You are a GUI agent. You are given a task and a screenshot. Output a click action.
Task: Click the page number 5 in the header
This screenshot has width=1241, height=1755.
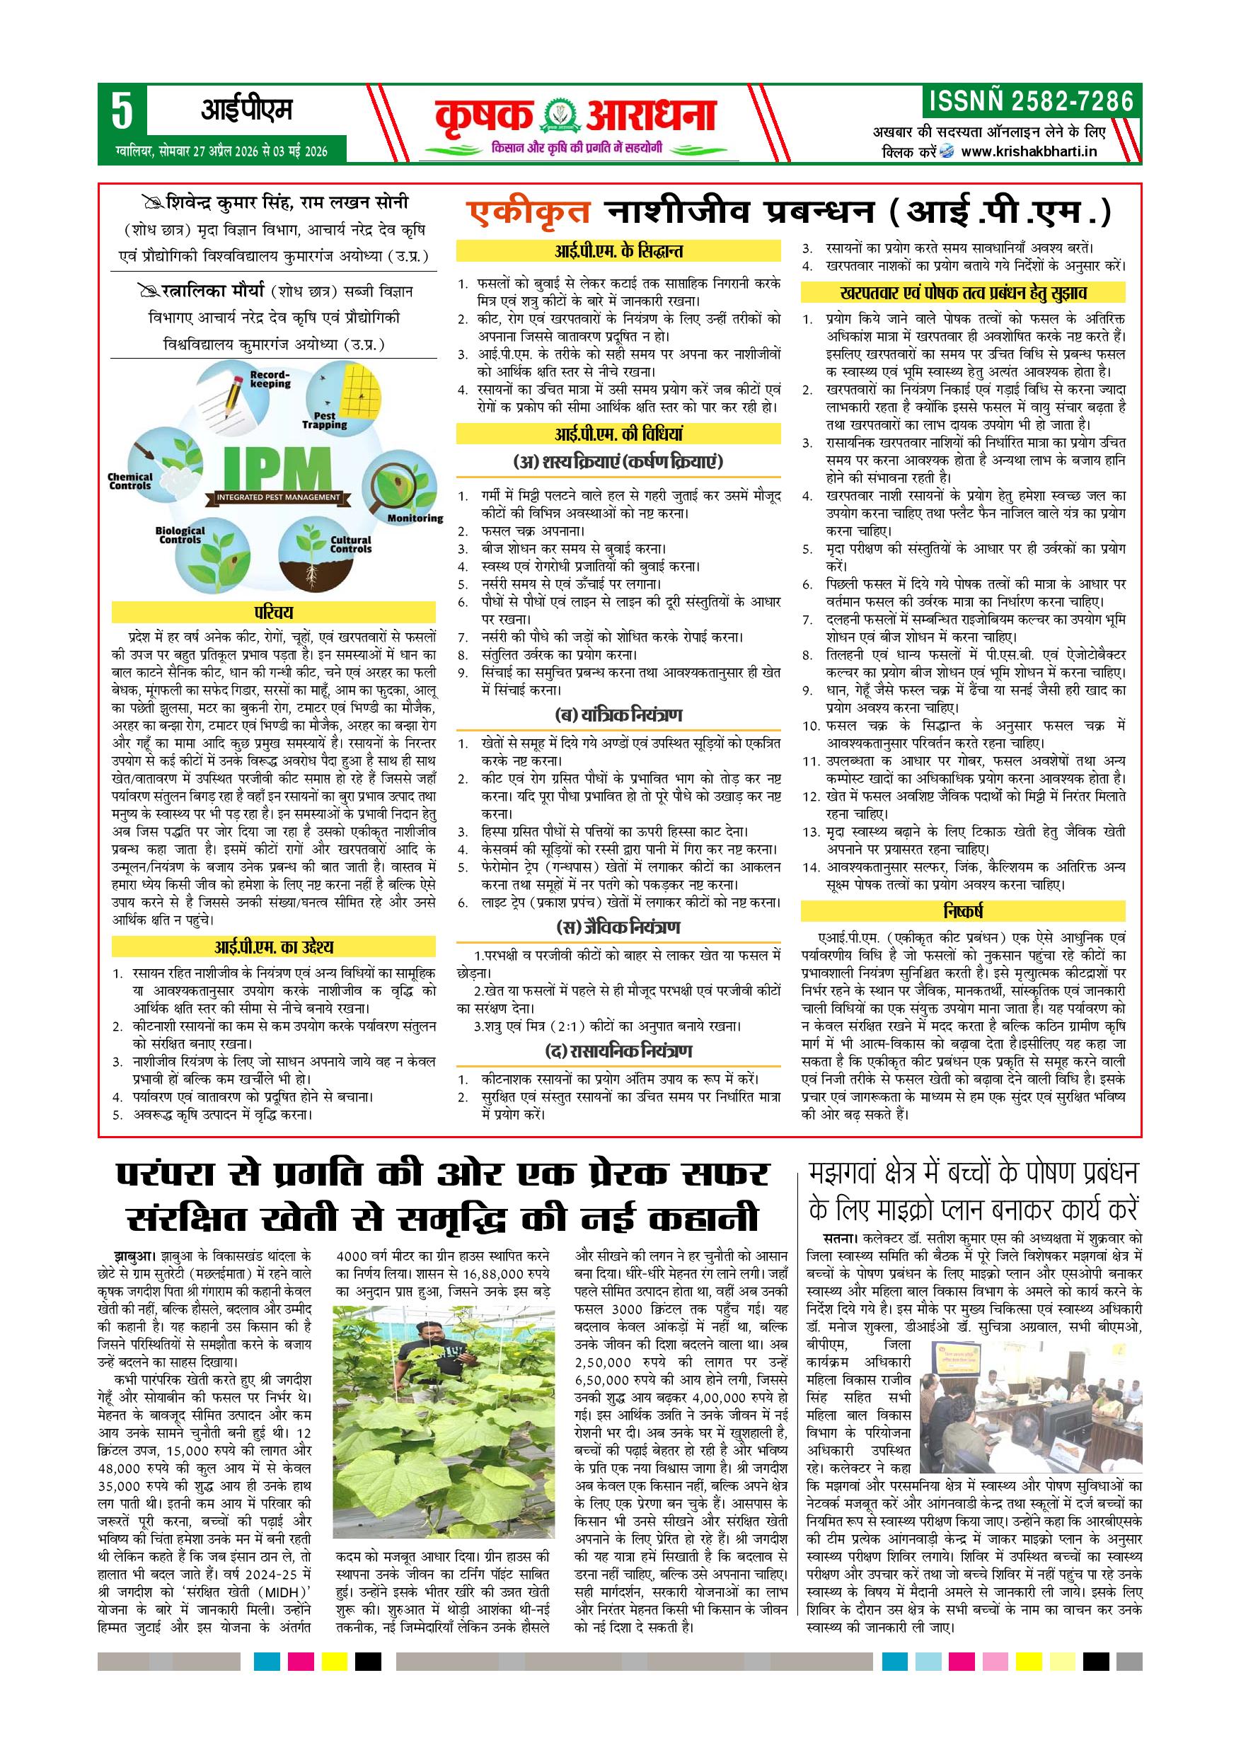122,112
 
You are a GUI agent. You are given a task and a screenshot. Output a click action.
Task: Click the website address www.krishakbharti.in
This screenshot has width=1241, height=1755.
1029,151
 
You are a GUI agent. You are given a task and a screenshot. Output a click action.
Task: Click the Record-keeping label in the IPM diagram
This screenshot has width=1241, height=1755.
270,379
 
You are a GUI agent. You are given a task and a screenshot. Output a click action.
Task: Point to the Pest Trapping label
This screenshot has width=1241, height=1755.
324,420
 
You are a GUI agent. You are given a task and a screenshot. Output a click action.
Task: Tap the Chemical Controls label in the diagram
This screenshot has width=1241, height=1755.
130,481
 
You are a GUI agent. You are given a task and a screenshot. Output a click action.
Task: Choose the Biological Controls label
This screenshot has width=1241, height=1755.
180,535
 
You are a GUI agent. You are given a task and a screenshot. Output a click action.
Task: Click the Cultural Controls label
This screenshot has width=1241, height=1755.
351,544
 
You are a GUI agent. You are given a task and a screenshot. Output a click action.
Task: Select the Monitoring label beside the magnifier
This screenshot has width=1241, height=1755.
415,519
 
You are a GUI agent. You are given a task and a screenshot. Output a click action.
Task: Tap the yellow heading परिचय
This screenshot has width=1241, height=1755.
274,613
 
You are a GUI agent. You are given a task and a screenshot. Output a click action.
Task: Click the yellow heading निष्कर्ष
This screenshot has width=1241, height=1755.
963,911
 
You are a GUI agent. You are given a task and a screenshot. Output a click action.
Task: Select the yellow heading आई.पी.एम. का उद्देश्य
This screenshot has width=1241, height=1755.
274,948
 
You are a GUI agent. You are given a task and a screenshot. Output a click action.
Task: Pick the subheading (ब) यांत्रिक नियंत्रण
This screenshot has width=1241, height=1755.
618,715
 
